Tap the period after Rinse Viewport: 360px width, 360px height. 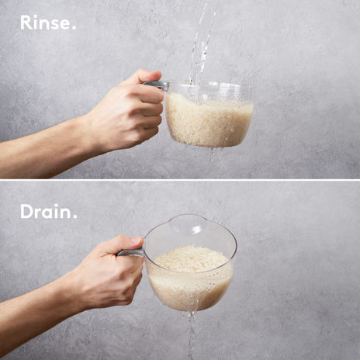[74, 27]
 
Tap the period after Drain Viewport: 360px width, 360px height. [74, 216]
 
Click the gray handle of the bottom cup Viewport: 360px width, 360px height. [130, 252]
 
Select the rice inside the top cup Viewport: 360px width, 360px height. [208, 120]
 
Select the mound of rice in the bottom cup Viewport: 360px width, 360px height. [191, 258]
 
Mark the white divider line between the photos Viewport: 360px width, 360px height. [180, 180]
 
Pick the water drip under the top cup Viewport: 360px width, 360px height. [213, 154]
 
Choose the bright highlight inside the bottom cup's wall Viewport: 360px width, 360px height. [196, 230]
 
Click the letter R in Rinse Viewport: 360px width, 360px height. [26, 22]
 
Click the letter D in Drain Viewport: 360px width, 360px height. [26, 211]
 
